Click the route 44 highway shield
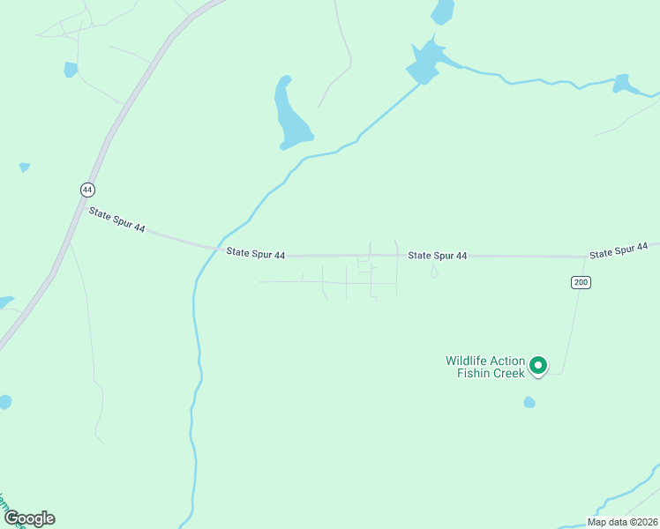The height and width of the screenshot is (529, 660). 86,190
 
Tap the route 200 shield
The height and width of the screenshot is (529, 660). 580,282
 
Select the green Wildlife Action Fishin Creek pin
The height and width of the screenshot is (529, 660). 537,364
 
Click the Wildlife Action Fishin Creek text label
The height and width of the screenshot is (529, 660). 485,367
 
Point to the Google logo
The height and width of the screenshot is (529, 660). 29,518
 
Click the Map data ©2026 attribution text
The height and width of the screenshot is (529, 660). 622,522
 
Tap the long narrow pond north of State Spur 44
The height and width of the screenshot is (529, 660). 290,115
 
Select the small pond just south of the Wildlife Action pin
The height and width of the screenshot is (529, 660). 529,402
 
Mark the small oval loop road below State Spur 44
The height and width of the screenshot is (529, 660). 433,272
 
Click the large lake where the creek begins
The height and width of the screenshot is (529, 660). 425,62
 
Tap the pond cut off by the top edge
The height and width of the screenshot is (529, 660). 442,11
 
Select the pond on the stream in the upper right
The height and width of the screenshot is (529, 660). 625,84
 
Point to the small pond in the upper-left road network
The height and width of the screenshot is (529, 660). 71,69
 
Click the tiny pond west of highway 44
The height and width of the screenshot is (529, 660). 24,167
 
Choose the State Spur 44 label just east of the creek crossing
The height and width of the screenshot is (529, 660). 255,254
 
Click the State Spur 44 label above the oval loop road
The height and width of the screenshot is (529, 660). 437,256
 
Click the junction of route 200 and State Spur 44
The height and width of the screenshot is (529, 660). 587,257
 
